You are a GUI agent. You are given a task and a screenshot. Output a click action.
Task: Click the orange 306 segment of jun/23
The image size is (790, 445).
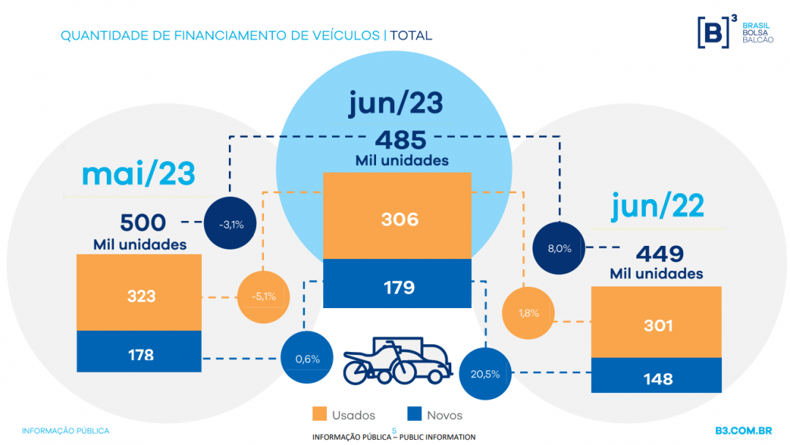coord(397,216)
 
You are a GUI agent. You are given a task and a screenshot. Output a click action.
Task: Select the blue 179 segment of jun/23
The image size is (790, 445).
coord(397,283)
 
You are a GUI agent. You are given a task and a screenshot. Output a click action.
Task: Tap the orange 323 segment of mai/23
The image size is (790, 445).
coord(139,292)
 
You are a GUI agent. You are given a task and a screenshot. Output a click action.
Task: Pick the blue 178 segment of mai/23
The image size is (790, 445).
coord(139,351)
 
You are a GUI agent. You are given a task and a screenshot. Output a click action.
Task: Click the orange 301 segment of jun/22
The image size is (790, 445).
coord(656,322)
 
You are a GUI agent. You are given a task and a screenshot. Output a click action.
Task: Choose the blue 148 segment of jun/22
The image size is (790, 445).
coord(656,375)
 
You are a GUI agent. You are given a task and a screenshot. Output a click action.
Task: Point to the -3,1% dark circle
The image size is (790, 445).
coord(230,222)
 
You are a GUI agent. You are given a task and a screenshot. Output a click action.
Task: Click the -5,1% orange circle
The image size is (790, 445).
coord(263,297)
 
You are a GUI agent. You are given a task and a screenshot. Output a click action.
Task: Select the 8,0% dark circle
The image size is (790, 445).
coord(559,248)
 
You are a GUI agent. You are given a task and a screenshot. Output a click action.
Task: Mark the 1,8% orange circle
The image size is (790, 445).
coord(528,313)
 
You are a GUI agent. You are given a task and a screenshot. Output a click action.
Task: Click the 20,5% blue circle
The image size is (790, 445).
coord(485,374)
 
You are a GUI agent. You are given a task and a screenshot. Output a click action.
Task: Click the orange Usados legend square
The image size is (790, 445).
coord(320,414)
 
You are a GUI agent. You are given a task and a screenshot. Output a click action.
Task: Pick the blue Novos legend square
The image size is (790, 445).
coord(414,414)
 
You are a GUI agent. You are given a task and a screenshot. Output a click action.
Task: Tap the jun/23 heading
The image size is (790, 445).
coord(396,102)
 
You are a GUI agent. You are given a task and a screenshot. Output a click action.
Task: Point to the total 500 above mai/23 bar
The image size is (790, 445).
coord(143,222)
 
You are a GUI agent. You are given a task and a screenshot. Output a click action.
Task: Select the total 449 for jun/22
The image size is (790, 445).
coord(660,253)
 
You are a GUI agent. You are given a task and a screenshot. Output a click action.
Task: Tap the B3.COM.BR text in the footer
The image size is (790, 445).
coord(744,431)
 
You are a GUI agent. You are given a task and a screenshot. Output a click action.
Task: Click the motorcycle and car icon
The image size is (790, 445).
coord(397,361)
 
